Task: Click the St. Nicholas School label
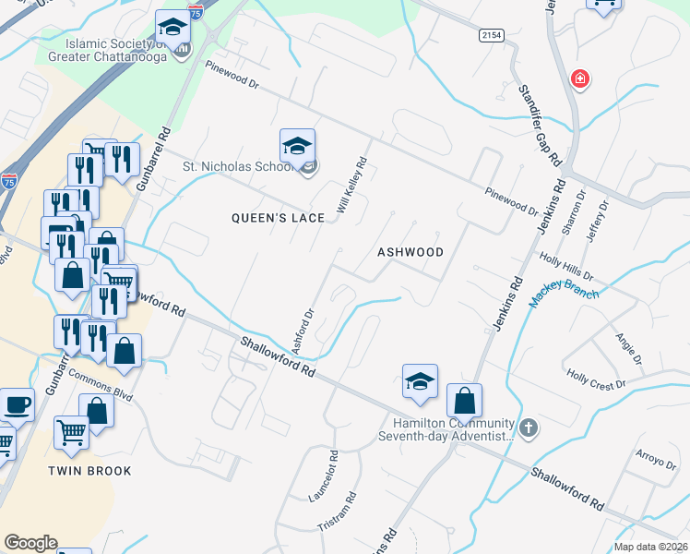point(235,167)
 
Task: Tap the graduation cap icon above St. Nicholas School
point(297,147)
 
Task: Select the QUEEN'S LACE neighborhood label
point(278,217)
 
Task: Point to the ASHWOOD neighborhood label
point(410,252)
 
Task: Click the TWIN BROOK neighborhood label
point(90,471)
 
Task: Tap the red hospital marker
point(580,79)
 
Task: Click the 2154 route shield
point(493,35)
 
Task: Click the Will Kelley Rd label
point(352,187)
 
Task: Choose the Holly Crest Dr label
point(597,378)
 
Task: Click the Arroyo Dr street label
point(657,459)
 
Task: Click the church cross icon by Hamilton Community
point(528,428)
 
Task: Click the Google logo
point(30,543)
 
